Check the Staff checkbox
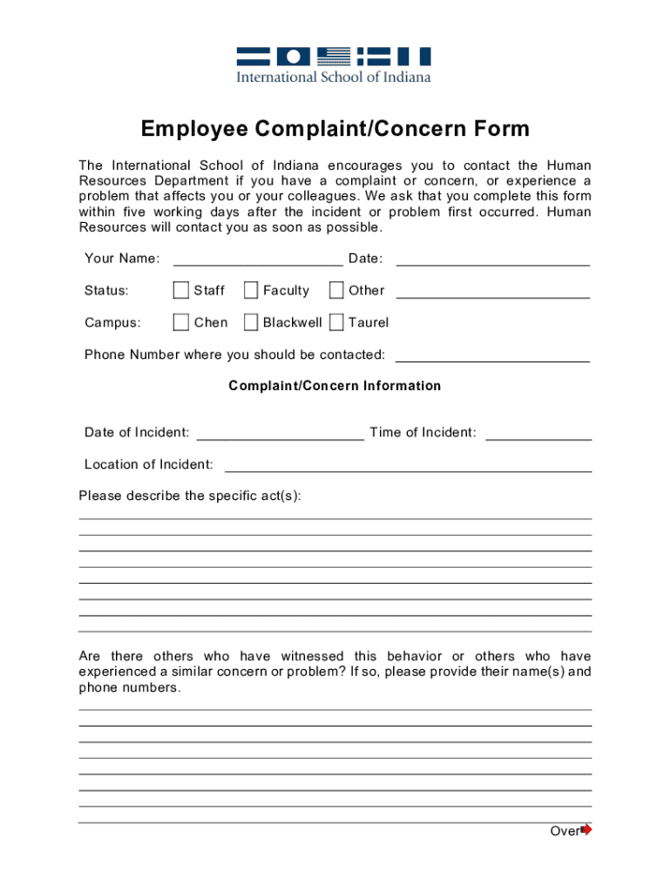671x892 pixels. [181, 290]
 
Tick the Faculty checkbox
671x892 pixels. [251, 290]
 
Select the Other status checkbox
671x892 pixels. [336, 290]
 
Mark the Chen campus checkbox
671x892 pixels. [181, 322]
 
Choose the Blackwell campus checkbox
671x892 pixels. [251, 322]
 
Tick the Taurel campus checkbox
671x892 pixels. [336, 322]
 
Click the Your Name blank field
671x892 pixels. [258, 259]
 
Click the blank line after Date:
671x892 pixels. [492, 259]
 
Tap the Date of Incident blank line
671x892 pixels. [281, 433]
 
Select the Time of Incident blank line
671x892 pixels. [538, 433]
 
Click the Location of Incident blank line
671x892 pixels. [408, 465]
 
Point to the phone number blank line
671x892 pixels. [492, 355]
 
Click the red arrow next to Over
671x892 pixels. [586, 829]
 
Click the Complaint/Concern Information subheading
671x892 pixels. [335, 386]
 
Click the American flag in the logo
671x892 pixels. [334, 57]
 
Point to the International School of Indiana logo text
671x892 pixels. [335, 77]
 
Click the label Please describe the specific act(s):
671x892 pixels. [190, 496]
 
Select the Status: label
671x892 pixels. [106, 291]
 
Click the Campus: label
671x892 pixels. [112, 323]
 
